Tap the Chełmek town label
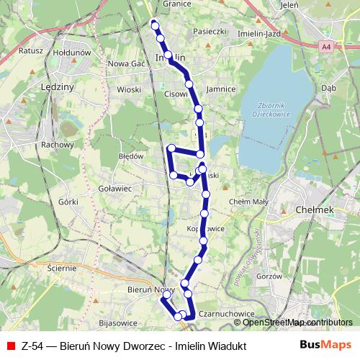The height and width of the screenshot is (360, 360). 313,210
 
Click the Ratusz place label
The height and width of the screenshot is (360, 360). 32,52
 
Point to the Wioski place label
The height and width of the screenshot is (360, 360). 129,90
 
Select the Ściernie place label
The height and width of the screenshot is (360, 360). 60,268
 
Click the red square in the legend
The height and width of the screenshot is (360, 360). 12,346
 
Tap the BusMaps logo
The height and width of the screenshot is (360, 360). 325,345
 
